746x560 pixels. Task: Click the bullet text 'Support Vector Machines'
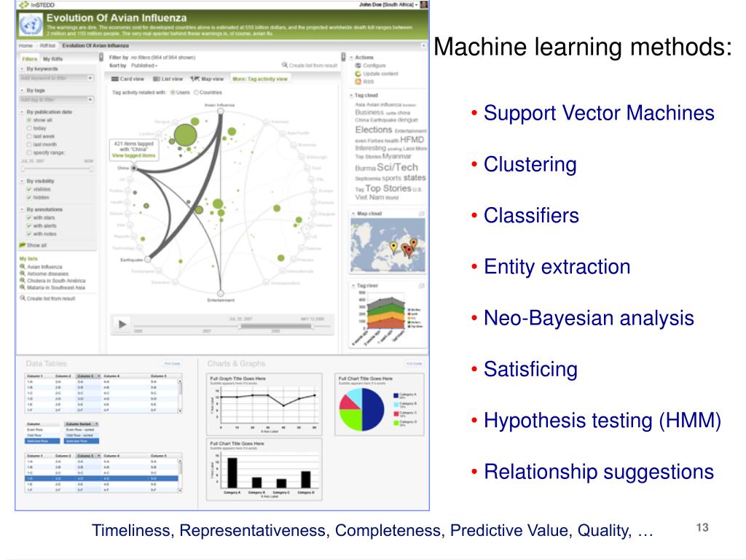click(599, 114)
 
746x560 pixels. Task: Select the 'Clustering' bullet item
click(530, 165)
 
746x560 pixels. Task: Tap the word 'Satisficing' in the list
click(530, 369)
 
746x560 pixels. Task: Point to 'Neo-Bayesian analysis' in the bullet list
click(589, 318)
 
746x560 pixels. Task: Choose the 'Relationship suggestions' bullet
click(599, 472)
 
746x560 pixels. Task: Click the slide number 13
click(702, 528)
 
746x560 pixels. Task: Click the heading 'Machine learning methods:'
click(583, 49)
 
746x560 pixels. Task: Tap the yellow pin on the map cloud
click(393, 246)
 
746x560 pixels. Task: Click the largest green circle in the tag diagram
click(185, 135)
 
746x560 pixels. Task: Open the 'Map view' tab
click(208, 79)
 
